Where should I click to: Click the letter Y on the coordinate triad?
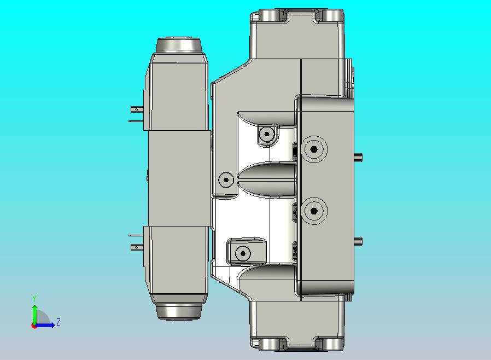point(34,298)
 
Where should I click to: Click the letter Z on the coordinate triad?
point(58,322)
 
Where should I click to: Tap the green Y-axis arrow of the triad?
point(34,313)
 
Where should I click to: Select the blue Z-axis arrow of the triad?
point(47,325)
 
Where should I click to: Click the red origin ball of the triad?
point(34,326)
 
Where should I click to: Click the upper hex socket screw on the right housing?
point(313,149)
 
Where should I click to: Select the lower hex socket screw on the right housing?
point(313,210)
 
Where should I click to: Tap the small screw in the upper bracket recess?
point(267,133)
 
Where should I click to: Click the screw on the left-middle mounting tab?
point(226,179)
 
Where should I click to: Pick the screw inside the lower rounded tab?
point(243,253)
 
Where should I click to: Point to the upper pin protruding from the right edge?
point(359,158)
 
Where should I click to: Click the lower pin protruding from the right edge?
point(359,240)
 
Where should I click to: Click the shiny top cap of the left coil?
point(179,45)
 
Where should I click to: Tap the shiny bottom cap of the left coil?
point(179,311)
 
